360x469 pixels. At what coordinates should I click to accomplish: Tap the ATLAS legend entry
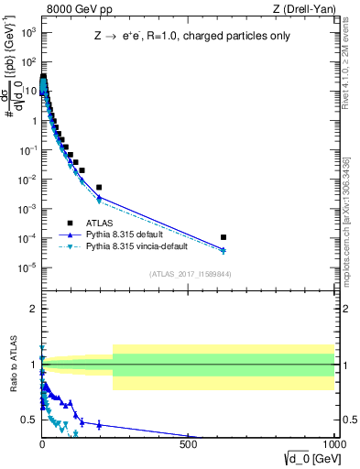pyautogui.click(x=99, y=223)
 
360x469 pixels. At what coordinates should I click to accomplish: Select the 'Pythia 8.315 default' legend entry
pyautogui.click(x=127, y=234)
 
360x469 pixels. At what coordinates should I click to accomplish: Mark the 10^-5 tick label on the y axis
pyautogui.click(x=27, y=267)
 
